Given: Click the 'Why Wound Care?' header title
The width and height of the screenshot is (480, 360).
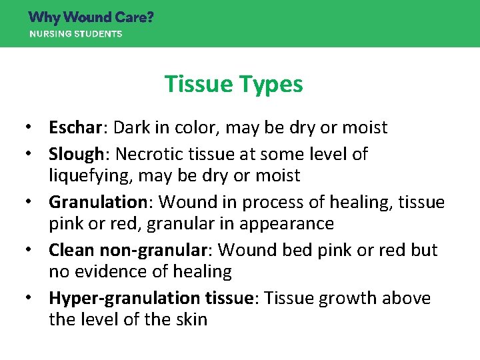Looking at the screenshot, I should (91, 17).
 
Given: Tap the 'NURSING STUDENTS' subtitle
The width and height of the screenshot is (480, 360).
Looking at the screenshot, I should (75, 34).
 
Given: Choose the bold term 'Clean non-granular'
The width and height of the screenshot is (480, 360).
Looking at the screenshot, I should (127, 251).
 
